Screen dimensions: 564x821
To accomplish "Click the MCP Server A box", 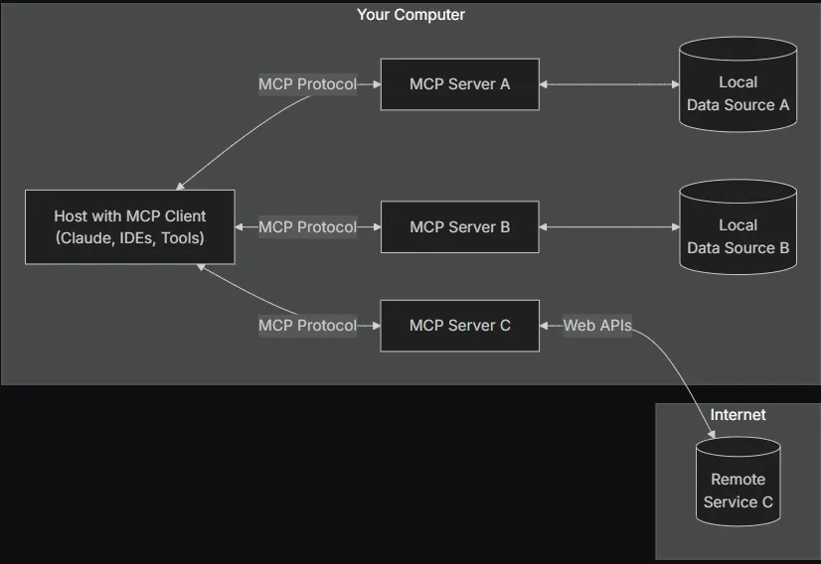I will tap(459, 84).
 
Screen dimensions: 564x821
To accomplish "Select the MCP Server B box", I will tap(459, 227).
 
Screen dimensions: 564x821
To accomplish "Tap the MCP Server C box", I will tap(459, 325).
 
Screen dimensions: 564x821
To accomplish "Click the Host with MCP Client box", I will tap(130, 227).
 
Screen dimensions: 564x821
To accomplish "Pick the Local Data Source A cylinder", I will tap(738, 85).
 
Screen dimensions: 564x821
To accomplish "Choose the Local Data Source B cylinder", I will tap(738, 228).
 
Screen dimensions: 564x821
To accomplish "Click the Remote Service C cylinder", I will tap(738, 485).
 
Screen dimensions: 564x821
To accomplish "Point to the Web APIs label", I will tap(596, 325).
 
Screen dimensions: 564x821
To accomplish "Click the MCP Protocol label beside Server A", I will tap(307, 84).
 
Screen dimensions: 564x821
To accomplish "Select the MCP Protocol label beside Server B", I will tap(307, 227).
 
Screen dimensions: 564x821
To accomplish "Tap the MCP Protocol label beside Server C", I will tap(307, 325).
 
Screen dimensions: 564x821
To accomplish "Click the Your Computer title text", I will tap(410, 15).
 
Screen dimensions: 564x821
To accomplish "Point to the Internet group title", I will tap(738, 414).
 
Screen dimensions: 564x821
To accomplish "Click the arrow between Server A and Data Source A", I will tap(608, 84).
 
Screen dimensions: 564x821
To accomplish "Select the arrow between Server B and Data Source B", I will tap(608, 227).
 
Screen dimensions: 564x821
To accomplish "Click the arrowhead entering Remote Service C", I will tap(711, 433).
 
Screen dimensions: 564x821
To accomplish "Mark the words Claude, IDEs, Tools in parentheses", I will tap(130, 238).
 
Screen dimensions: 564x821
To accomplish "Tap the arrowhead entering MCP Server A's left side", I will tap(376, 84).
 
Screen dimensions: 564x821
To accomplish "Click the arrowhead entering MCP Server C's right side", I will tap(546, 325).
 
